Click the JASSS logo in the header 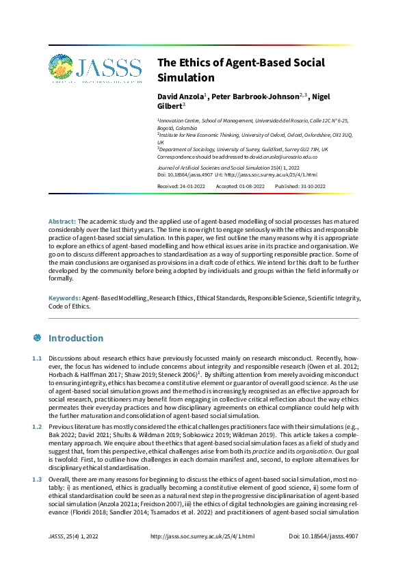(95, 69)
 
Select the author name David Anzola (181, 97)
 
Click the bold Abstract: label (62, 222)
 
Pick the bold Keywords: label (64, 299)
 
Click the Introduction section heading (76, 338)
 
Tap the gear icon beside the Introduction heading (37, 338)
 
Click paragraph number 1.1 (37, 360)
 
